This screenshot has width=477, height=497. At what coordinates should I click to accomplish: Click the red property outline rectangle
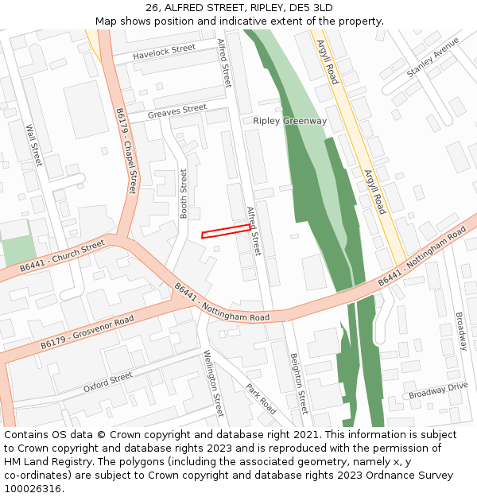(225, 231)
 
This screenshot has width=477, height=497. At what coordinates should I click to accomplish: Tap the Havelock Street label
(164, 52)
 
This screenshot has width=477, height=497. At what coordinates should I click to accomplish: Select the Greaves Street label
(176, 112)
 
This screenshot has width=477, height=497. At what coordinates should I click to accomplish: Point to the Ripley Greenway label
(289, 121)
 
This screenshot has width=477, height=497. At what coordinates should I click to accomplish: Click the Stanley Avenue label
(432, 57)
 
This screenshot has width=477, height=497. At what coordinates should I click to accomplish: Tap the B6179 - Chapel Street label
(126, 150)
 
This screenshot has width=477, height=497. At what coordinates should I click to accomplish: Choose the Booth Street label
(184, 193)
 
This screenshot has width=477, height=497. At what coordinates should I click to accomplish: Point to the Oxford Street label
(107, 382)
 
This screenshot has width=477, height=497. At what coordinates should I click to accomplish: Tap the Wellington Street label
(214, 383)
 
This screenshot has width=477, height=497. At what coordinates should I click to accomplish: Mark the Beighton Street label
(298, 383)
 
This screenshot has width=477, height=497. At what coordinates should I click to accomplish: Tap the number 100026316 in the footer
(33, 488)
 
